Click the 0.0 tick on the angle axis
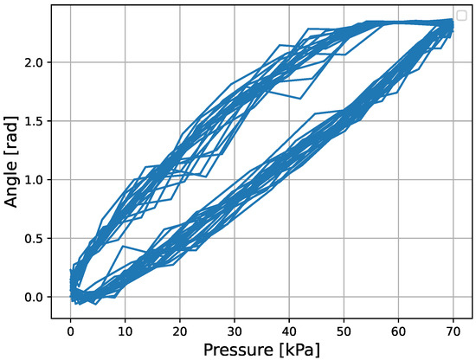(40, 297)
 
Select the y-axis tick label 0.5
(40, 238)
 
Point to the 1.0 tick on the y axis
(40, 180)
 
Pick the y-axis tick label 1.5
(40, 121)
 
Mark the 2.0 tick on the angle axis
(40, 62)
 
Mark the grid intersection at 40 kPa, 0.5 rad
(289, 238)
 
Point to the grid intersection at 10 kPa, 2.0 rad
(125, 62)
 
